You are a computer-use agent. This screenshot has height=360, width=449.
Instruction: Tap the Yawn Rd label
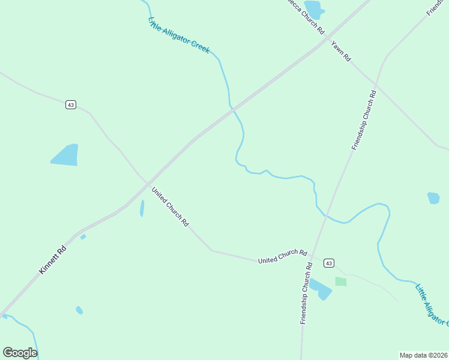pos(340,51)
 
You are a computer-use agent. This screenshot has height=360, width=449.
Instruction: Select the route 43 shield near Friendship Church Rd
pos(328,263)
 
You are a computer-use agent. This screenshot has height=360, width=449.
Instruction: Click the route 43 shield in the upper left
pos(71,104)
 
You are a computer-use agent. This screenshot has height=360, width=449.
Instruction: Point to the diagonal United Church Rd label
pos(170,207)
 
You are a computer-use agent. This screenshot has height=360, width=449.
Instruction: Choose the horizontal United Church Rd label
pos(282,257)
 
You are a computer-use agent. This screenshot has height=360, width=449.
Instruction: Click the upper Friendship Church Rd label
pos(364,120)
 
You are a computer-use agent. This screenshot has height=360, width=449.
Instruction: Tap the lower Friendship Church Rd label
pos(307,293)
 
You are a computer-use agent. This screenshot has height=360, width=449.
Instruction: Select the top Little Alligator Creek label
pos(179,35)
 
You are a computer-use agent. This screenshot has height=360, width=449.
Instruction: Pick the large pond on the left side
pos(66,155)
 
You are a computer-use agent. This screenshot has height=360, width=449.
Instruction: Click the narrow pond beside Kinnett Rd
pos(142,208)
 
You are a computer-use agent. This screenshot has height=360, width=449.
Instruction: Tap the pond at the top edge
pos(314,9)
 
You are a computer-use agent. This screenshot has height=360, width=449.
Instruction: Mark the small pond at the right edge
pos(433,198)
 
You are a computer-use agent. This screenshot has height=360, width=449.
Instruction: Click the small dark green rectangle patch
pos(341,281)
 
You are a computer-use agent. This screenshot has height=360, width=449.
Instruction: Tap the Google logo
pos(20,353)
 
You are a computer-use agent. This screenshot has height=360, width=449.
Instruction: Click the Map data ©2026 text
pos(423,355)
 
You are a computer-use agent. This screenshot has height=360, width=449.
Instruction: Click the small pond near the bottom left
pos(79,310)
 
